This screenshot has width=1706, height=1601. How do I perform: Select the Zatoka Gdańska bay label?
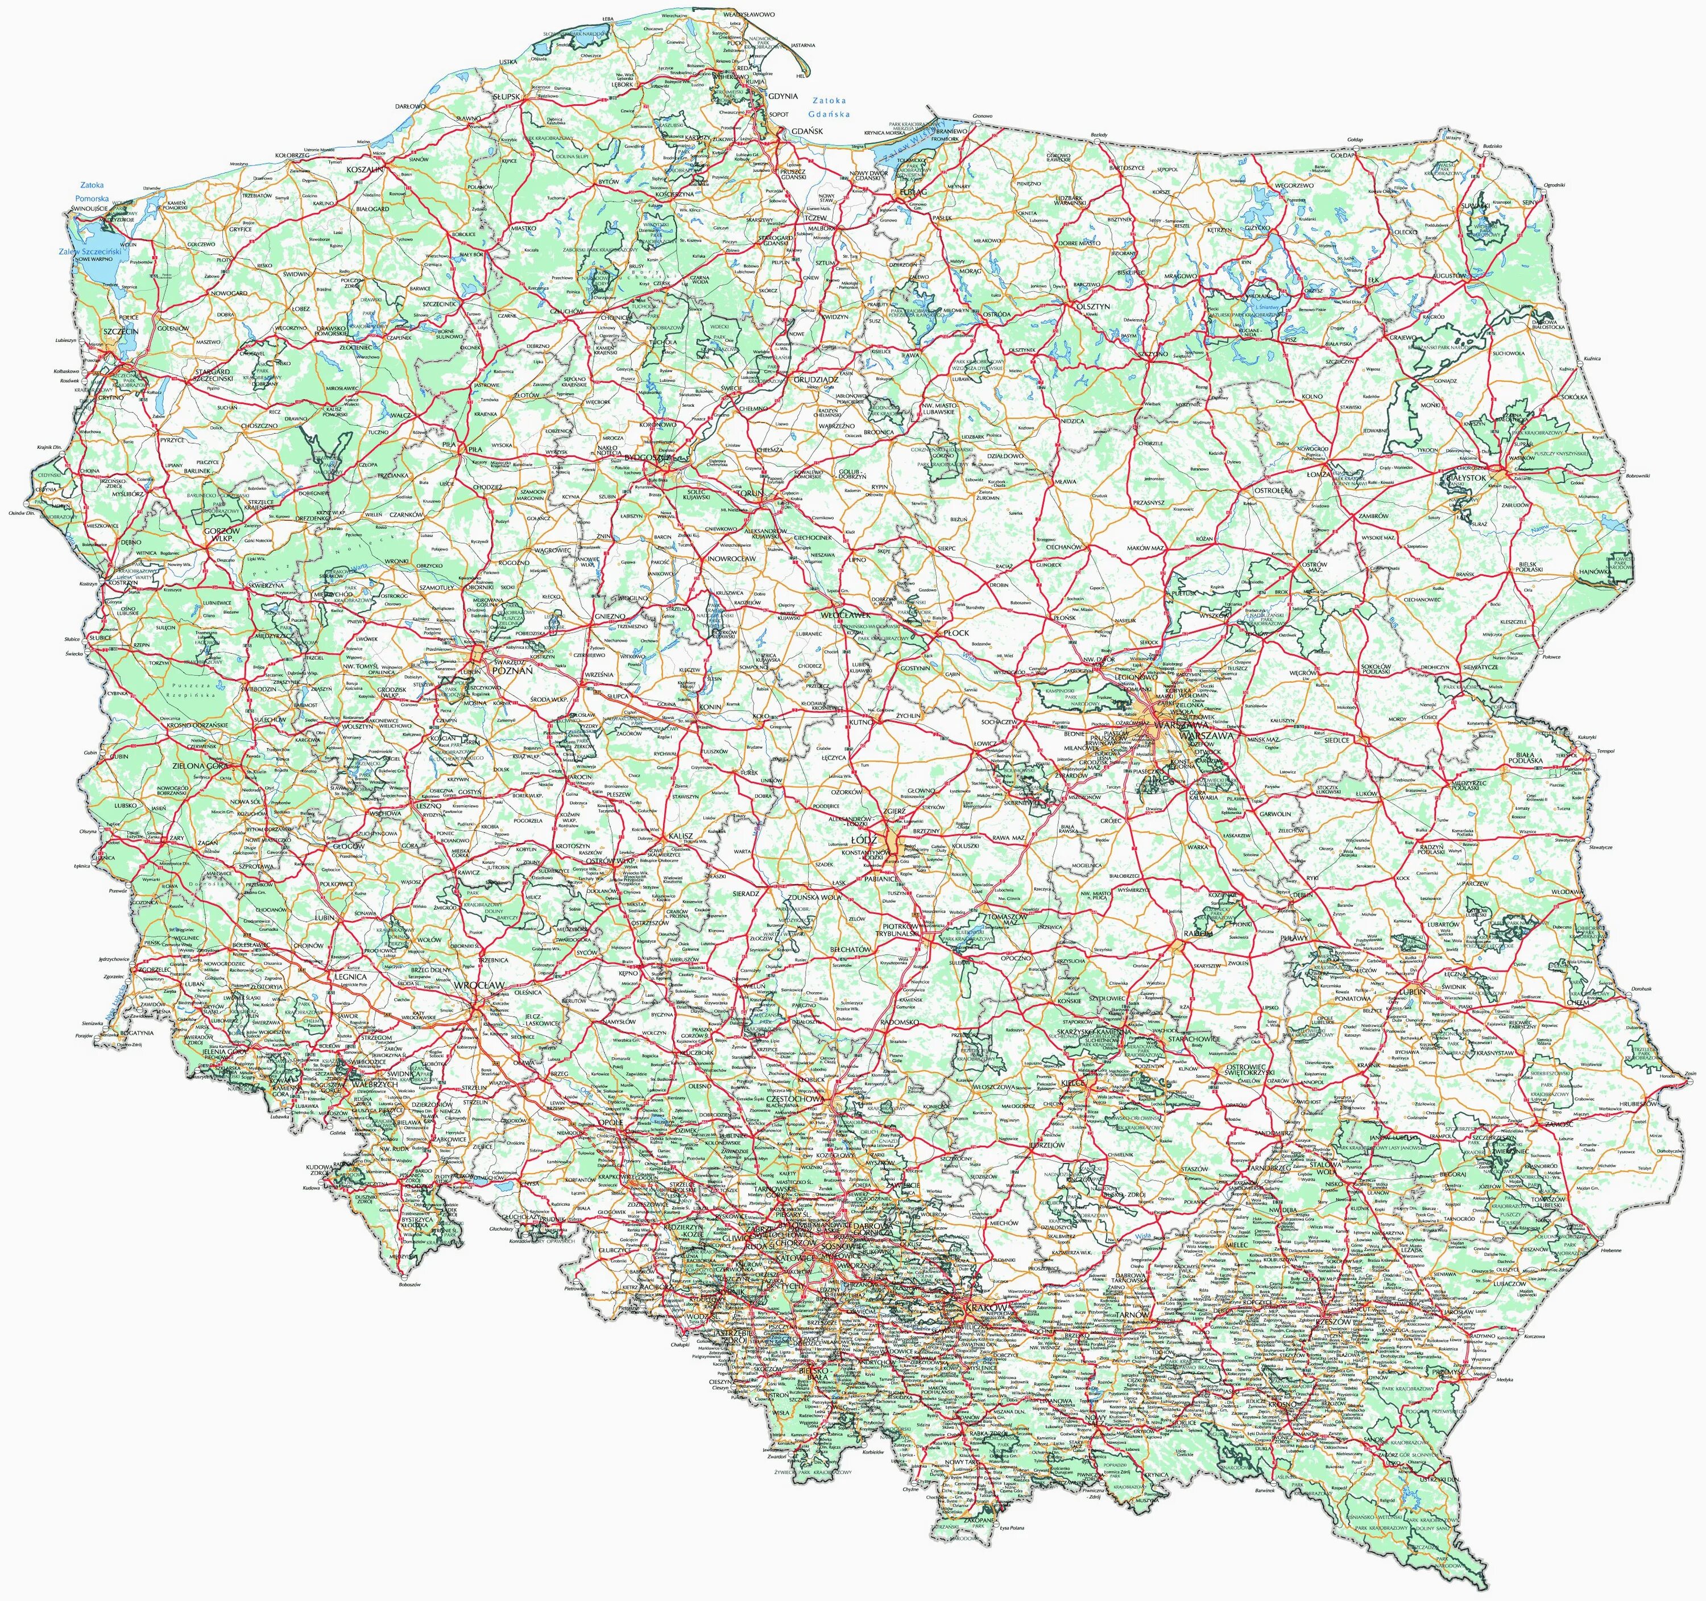827,108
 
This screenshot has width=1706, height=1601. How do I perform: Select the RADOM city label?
1174,932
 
